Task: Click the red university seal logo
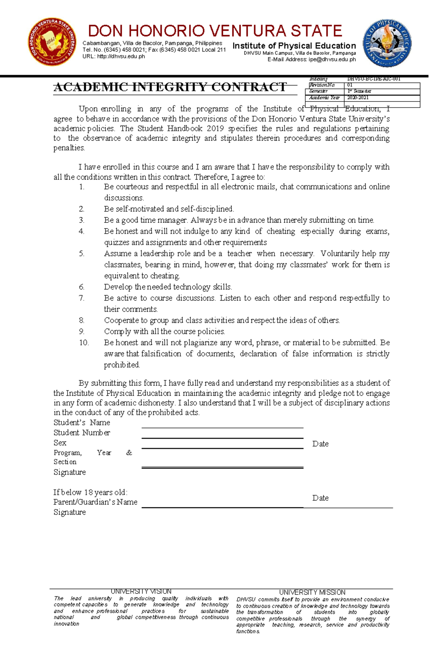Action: (x=52, y=42)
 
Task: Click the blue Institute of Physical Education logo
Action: (x=387, y=43)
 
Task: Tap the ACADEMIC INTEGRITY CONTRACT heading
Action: (x=170, y=87)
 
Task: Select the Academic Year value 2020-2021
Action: (x=358, y=98)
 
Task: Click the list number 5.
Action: (x=82, y=254)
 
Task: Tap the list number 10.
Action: (x=83, y=342)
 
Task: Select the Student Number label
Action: (x=82, y=432)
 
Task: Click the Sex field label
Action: (x=60, y=442)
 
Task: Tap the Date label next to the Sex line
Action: (x=320, y=444)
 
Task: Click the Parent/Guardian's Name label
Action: (x=95, y=502)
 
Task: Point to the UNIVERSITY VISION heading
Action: (x=141, y=591)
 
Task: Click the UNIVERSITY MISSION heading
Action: (x=312, y=592)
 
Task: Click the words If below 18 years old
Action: (x=90, y=492)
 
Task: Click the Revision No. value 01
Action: (x=350, y=85)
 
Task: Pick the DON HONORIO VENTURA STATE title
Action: (x=215, y=31)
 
